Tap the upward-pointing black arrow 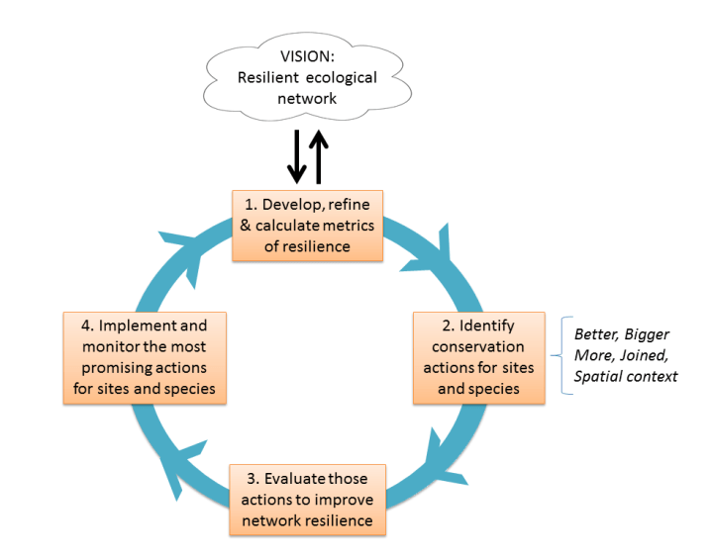coord(319,156)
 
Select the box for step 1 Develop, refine coord(307,226)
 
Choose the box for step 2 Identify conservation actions coord(478,357)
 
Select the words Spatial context coord(626,376)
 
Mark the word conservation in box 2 coord(478,347)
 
